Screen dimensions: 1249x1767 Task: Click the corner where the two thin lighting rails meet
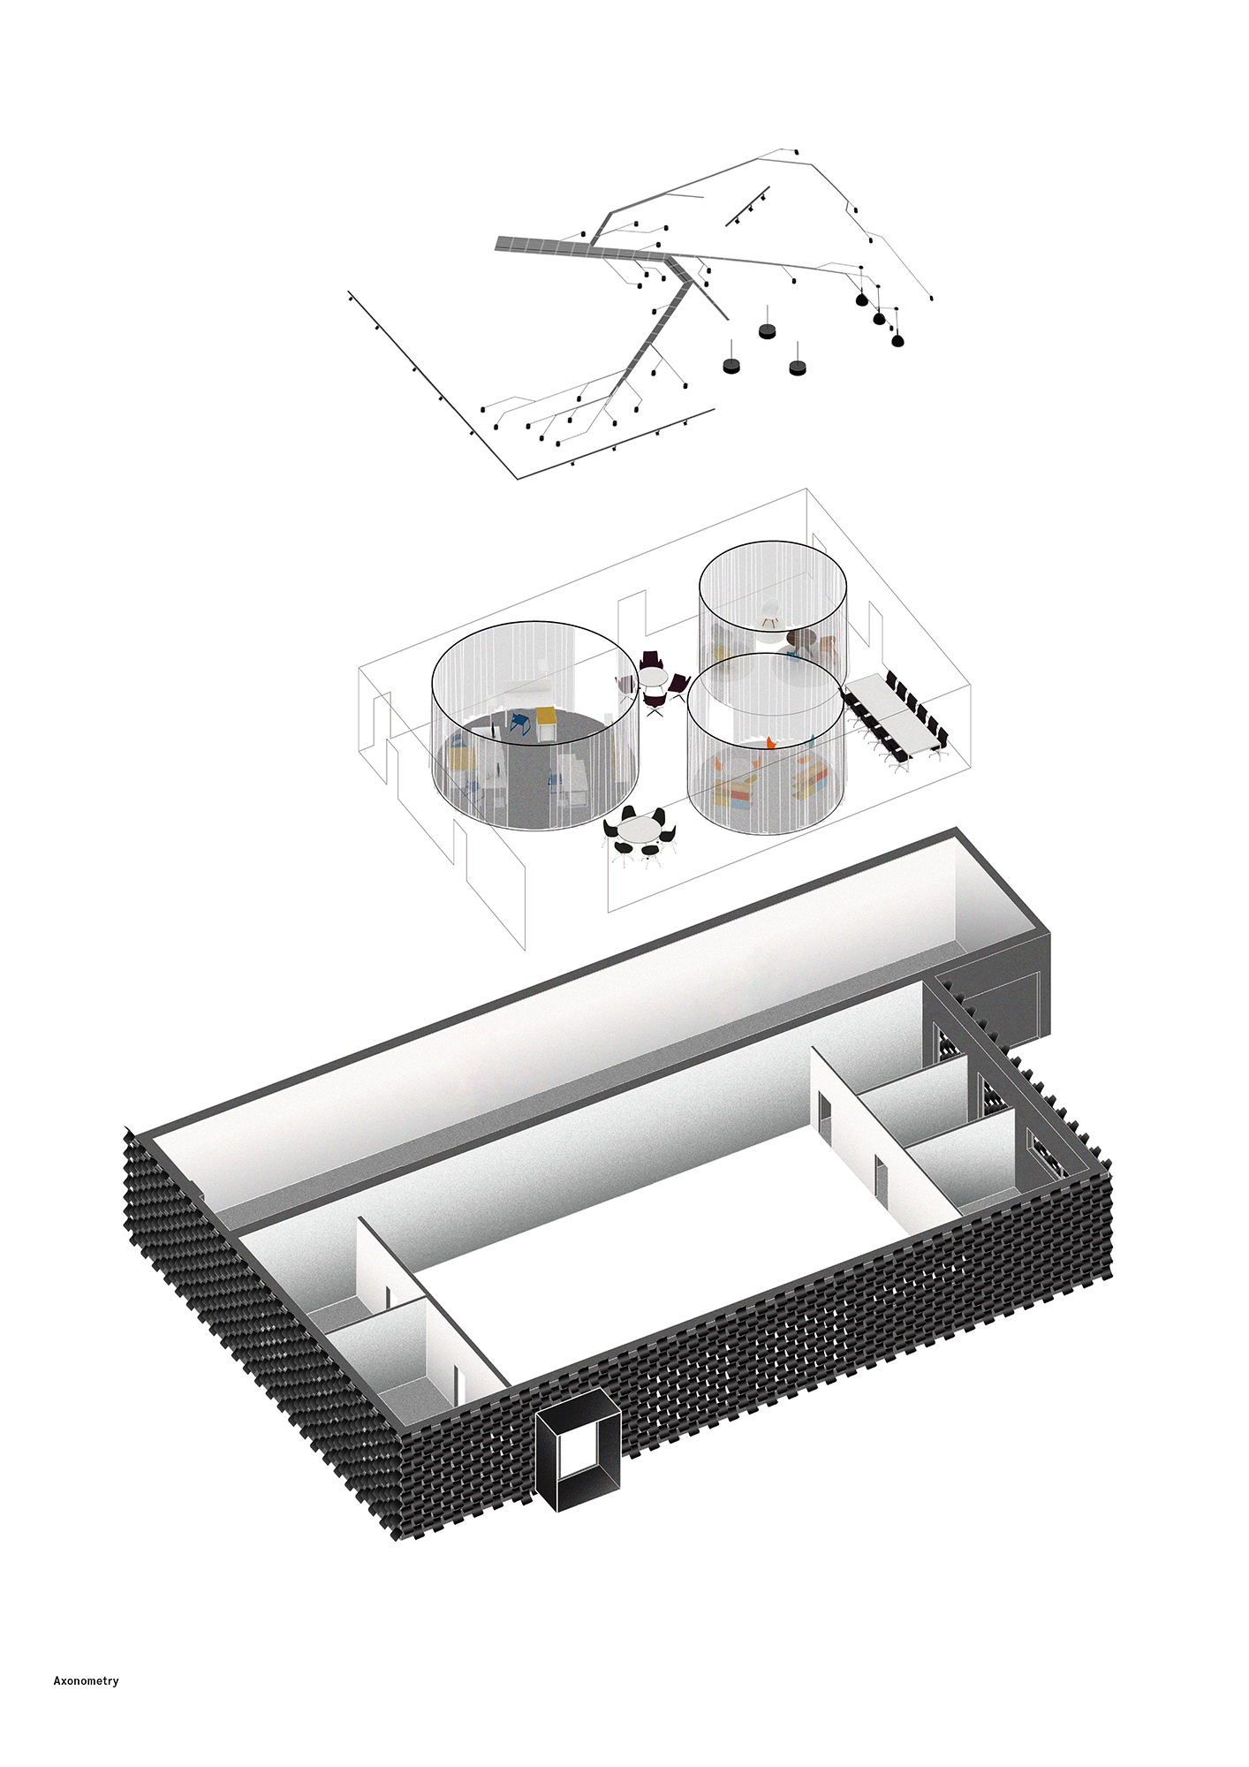coord(518,479)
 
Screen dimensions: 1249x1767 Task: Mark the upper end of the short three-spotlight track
coord(768,187)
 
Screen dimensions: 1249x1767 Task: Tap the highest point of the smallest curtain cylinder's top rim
coord(774,542)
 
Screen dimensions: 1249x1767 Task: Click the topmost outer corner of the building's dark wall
coord(957,828)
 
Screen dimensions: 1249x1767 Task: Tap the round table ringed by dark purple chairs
coord(654,677)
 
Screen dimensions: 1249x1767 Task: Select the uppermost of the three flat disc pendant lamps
coord(767,330)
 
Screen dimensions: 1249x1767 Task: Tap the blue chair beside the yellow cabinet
coord(519,723)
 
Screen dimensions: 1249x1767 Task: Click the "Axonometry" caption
coord(86,1681)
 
